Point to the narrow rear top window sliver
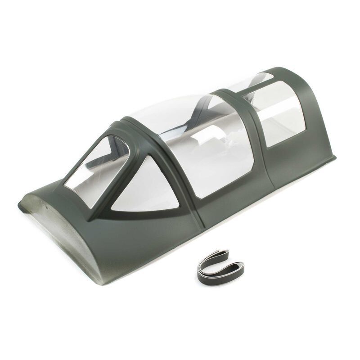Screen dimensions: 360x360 (x=261, y=81)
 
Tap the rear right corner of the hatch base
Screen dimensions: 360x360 (x=335, y=157)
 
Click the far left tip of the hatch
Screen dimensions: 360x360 (x=22, y=211)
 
